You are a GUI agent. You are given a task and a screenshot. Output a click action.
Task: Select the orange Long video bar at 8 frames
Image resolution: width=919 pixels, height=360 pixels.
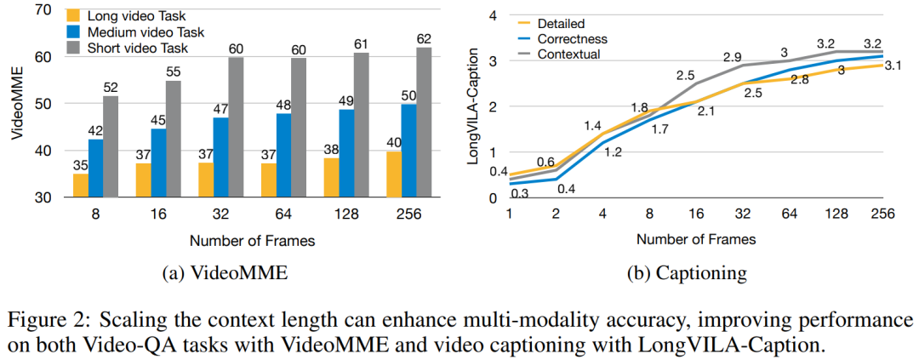80,185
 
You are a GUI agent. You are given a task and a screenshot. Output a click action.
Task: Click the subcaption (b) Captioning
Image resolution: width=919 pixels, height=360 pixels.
684,273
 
